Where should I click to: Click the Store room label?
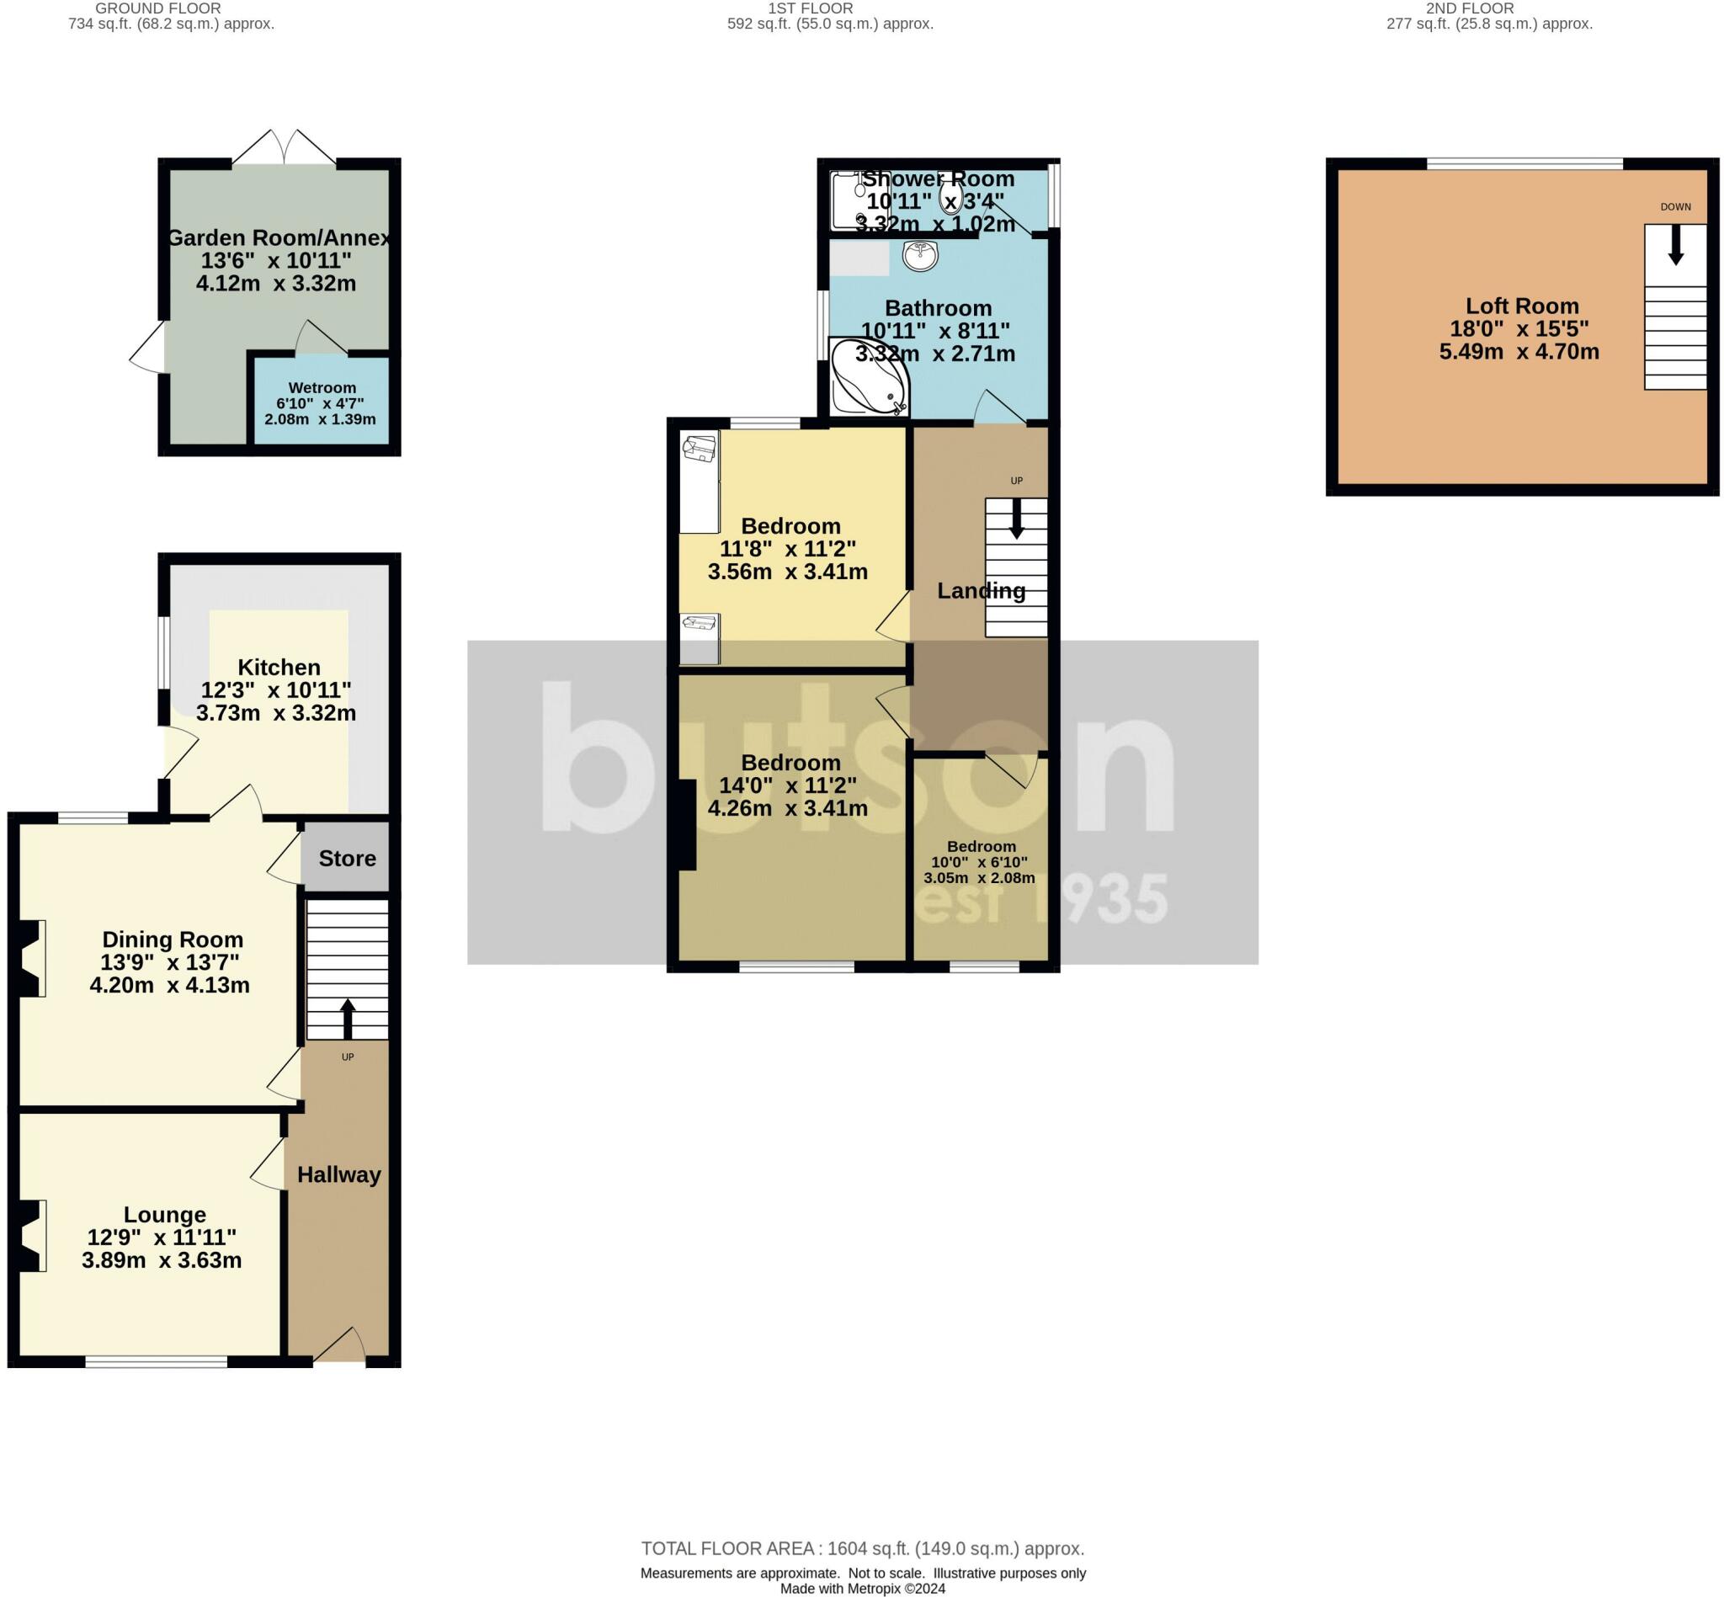click(347, 858)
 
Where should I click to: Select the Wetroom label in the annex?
click(322, 388)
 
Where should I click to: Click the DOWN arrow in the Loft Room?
click(1674, 245)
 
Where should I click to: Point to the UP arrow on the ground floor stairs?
click(348, 1019)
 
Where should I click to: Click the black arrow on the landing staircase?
click(1016, 519)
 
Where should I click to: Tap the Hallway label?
click(338, 1174)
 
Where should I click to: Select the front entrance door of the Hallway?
click(338, 1346)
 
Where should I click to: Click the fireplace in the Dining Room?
click(30, 959)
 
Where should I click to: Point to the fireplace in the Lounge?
click(31, 1236)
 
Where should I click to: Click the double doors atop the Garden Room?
click(285, 147)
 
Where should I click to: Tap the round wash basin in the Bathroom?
click(920, 255)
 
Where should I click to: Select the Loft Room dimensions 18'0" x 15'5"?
click(1519, 328)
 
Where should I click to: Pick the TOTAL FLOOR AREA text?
click(861, 1549)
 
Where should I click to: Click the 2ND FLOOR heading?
click(1469, 8)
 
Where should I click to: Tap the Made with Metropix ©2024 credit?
click(861, 1589)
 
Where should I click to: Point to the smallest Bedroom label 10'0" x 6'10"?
click(978, 862)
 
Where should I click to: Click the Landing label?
click(981, 591)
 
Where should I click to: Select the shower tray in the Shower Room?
click(849, 200)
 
